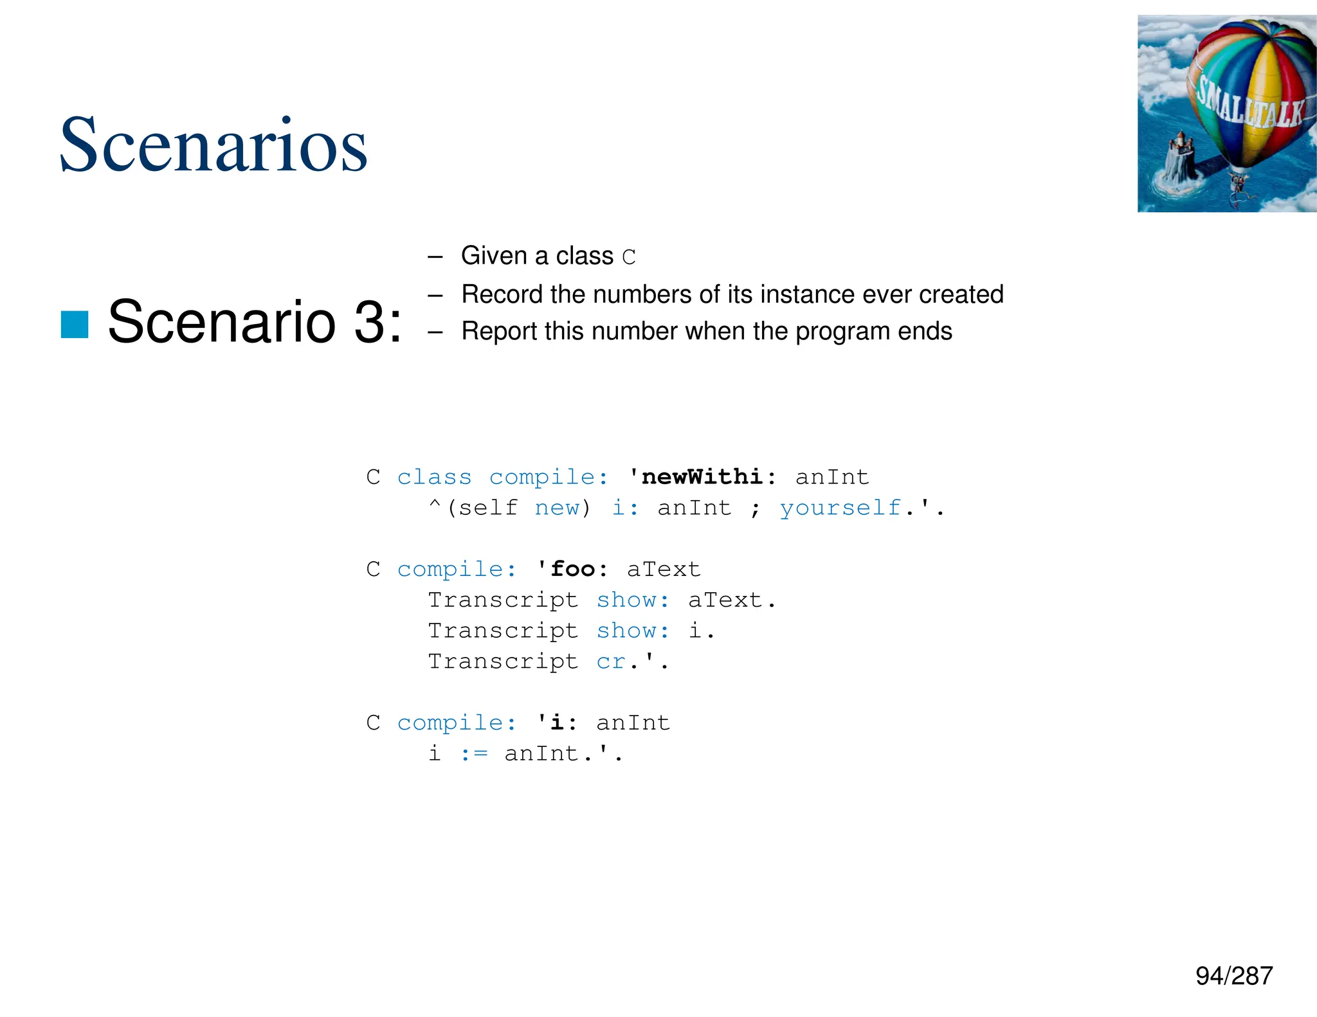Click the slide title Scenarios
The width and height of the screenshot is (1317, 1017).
[213, 145]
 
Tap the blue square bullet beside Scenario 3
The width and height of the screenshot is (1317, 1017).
[75, 324]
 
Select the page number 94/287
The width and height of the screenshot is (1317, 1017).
[1233, 976]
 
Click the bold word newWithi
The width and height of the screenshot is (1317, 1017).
[702, 477]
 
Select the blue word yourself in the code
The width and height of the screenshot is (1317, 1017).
[840, 508]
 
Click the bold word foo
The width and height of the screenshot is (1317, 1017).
[573, 569]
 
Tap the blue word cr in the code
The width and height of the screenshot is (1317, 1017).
[611, 661]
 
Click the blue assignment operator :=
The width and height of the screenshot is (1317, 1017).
[474, 753]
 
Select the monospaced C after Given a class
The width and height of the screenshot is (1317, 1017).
[628, 257]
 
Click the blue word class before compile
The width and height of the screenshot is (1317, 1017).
[434, 477]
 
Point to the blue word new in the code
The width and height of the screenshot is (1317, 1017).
[557, 508]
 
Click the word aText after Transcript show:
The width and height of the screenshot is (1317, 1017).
[725, 600]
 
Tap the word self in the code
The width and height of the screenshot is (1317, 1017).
[488, 508]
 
